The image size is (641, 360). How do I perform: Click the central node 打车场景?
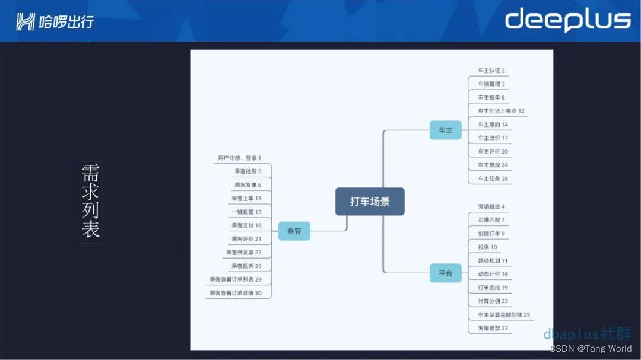pos(370,202)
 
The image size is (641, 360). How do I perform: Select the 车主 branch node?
pos(445,130)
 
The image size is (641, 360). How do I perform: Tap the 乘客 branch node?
pos(294,231)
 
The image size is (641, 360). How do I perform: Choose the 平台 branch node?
pos(445,273)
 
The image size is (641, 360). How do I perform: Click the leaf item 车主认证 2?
pos(491,71)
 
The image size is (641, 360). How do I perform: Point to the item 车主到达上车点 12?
pos(501,111)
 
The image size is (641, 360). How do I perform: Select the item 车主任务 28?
pos(493,179)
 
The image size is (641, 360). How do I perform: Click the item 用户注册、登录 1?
pos(239,158)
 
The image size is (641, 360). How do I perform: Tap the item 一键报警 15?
pos(246,212)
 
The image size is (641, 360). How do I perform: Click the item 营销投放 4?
pos(491,207)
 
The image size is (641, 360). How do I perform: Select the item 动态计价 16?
pos(493,274)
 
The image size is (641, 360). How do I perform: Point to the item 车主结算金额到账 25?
pos(504,315)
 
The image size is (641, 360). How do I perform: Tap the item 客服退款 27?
pos(493,328)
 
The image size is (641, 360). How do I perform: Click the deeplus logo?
pos(567,20)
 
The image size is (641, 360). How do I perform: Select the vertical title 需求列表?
pos(90,202)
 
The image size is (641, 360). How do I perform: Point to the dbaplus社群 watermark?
pos(587,333)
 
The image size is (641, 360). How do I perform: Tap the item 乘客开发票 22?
pos(243,252)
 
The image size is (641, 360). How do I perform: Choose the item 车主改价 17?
pos(493,138)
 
